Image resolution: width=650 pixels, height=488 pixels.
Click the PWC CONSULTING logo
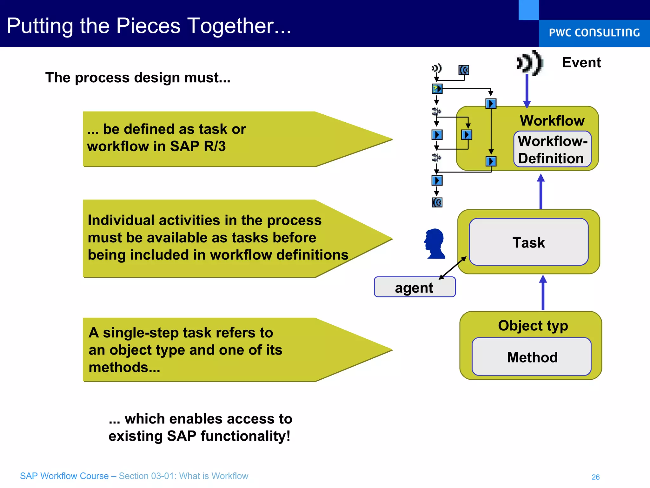[x=594, y=33]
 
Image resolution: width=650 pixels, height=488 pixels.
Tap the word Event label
[x=581, y=63]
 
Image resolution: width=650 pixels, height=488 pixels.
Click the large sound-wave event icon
[x=529, y=63]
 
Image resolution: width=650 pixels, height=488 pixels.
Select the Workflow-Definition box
[x=552, y=149]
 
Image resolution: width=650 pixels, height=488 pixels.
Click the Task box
[x=528, y=242]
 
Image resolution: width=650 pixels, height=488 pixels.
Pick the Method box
[x=532, y=357]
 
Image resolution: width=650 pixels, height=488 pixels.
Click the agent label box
[x=414, y=288]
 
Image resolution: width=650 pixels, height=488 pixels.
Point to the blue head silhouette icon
[x=435, y=244]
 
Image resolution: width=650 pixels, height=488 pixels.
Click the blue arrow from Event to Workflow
[x=527, y=91]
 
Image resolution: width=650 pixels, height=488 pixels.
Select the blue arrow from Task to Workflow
[x=541, y=192]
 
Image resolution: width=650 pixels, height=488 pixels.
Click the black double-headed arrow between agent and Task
[x=453, y=268]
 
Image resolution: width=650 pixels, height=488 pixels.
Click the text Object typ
[x=533, y=326]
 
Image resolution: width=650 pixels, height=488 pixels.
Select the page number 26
[x=595, y=477]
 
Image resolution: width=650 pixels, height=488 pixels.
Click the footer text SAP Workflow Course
[x=64, y=476]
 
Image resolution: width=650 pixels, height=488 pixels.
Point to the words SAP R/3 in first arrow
[x=197, y=146]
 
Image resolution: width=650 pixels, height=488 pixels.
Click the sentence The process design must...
[x=137, y=78]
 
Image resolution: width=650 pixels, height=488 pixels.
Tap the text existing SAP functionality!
[x=199, y=436]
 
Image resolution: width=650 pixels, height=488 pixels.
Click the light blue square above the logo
[x=528, y=10]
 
